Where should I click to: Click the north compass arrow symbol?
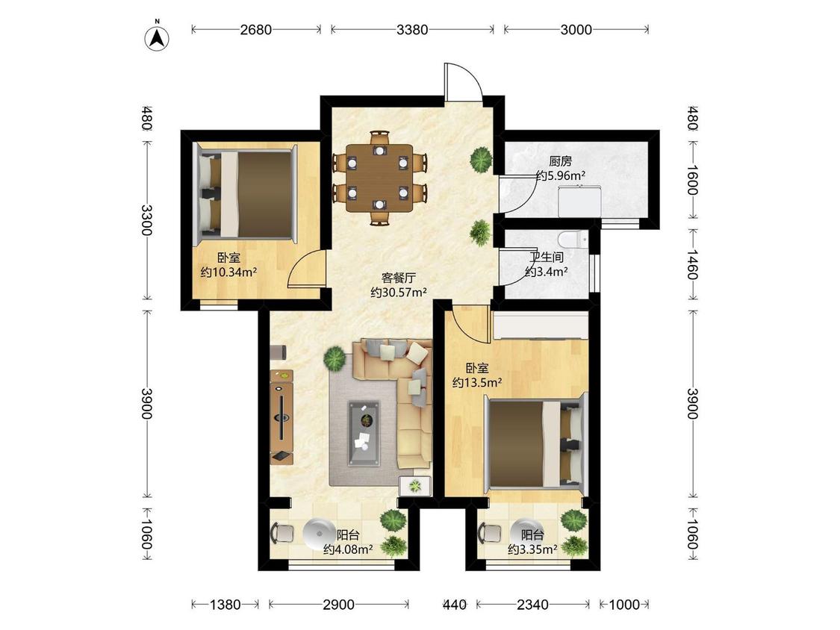click(x=157, y=37)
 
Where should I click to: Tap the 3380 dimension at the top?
click(x=412, y=29)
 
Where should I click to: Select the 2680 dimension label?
click(x=255, y=29)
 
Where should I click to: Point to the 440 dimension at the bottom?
click(x=454, y=605)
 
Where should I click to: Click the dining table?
click(x=379, y=178)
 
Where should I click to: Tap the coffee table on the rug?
click(x=364, y=432)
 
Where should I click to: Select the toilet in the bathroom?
click(x=572, y=239)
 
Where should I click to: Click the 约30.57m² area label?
click(x=399, y=293)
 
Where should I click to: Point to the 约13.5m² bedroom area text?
click(x=477, y=382)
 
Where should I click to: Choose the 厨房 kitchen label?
click(x=560, y=160)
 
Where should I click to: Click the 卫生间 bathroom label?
click(x=547, y=257)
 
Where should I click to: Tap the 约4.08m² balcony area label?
click(x=348, y=549)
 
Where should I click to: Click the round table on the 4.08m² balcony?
click(x=320, y=533)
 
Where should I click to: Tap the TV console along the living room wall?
click(x=281, y=417)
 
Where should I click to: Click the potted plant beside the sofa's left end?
click(x=335, y=358)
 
